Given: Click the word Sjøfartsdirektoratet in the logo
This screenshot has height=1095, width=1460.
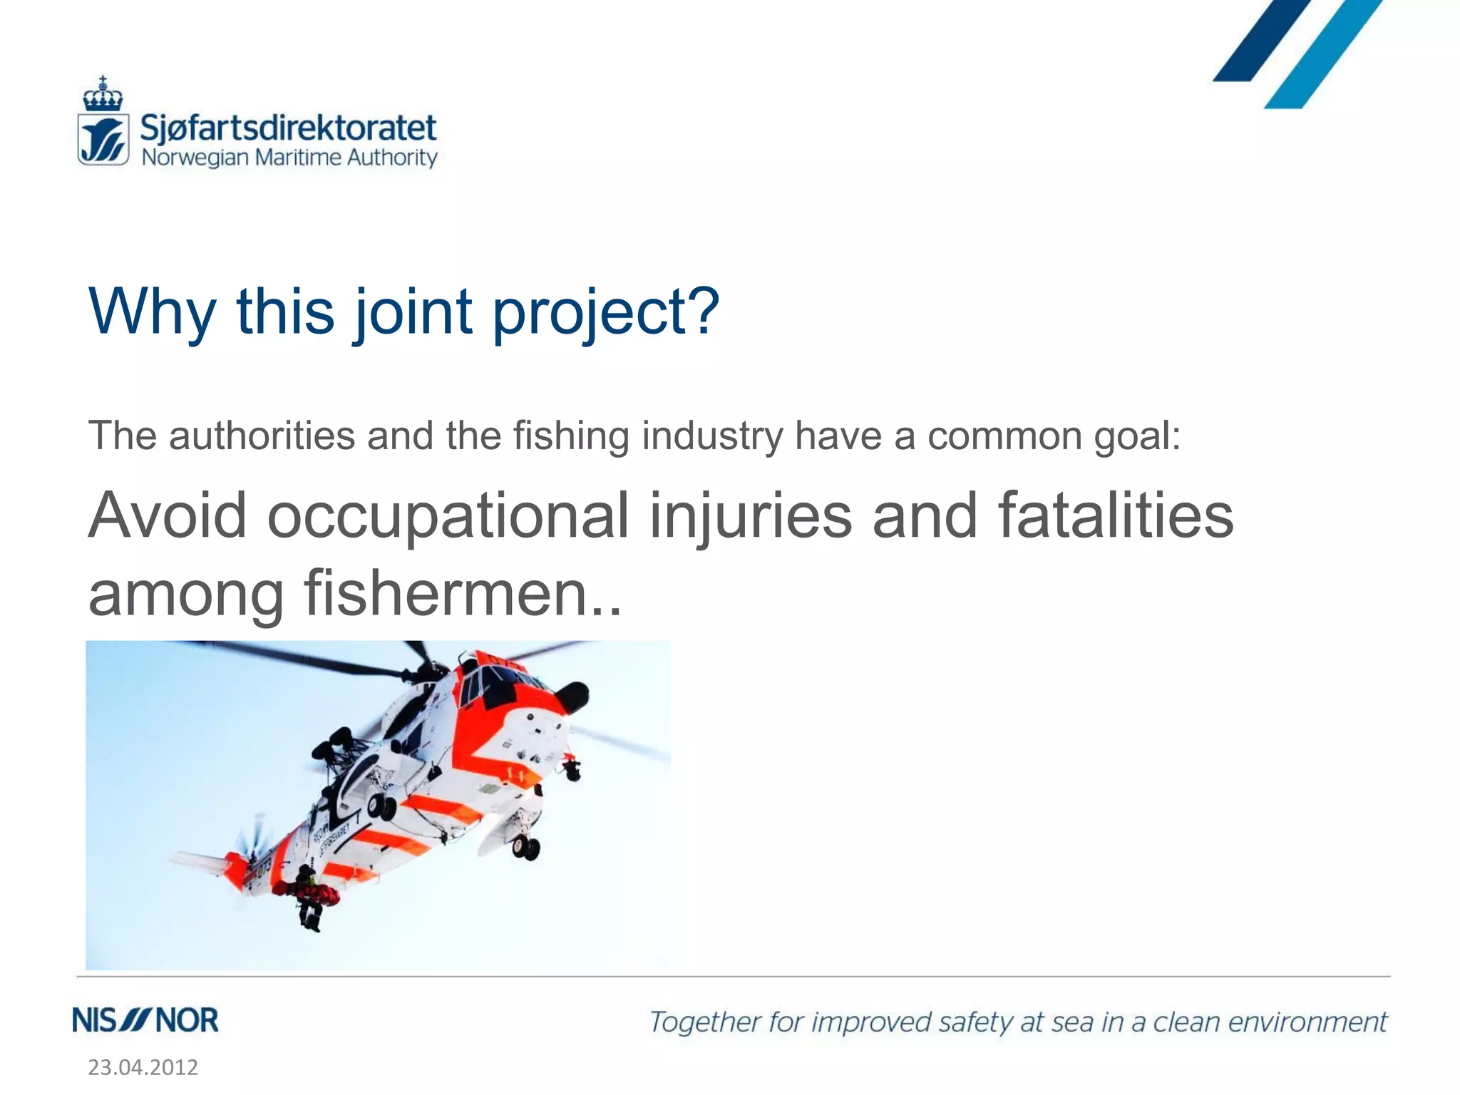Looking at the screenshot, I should (x=288, y=129).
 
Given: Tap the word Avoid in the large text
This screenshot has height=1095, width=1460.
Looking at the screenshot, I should (x=168, y=515).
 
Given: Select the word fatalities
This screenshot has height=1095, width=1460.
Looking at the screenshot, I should (x=1116, y=515).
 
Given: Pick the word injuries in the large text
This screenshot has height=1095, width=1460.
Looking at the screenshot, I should (x=751, y=515).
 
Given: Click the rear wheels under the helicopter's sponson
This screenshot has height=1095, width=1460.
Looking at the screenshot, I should (x=526, y=848).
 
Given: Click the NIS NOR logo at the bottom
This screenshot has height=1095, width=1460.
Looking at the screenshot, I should (x=145, y=1021).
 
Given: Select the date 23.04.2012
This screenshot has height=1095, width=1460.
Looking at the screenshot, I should (x=143, y=1067).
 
